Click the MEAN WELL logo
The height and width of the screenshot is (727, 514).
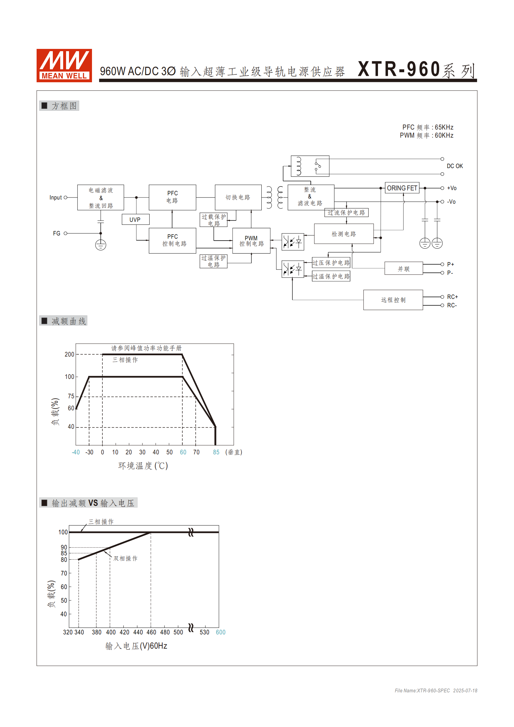pos(64,65)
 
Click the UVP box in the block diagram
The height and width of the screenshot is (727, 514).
pos(135,220)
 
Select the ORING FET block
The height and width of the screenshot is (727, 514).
pos(402,188)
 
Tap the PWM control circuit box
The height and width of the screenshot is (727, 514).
pos(251,241)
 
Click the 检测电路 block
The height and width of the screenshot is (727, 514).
pos(344,234)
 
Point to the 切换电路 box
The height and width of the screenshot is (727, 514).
pos(238,198)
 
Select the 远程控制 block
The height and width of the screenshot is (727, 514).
pos(393,300)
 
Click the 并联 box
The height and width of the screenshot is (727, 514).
pos(404,269)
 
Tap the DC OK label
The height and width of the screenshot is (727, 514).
pos(455,166)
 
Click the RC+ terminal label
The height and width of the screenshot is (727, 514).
pos(452,297)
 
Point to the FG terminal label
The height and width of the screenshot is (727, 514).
pos(57,233)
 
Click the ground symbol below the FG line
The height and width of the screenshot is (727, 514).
pos(101,245)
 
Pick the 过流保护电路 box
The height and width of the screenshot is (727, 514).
pos(346,213)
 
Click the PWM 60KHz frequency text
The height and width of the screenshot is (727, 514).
pos(426,136)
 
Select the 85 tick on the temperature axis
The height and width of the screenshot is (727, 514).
pos(216,452)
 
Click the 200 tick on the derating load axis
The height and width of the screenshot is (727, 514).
pos(69,355)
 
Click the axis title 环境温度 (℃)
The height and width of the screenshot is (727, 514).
pos(143,466)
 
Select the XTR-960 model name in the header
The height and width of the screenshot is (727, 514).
pos(399,70)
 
